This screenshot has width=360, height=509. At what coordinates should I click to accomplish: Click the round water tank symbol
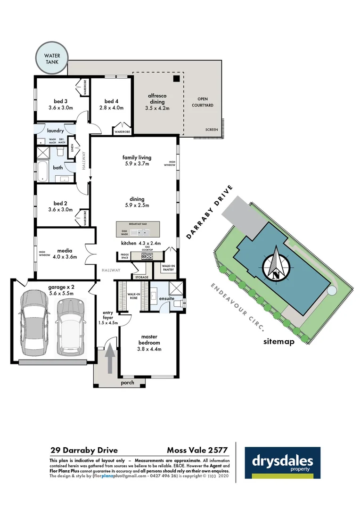pyautogui.click(x=52, y=58)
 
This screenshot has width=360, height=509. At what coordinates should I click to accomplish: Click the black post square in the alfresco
pyautogui.click(x=176, y=79)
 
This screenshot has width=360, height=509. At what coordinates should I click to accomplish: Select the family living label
pyautogui.click(x=136, y=161)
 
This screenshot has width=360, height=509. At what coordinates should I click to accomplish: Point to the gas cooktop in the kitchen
pyautogui.click(x=147, y=256)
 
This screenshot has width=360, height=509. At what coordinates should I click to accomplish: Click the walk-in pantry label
pyautogui.click(x=169, y=268)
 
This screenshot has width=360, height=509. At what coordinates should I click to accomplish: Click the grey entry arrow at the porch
pyautogui.click(x=110, y=359)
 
